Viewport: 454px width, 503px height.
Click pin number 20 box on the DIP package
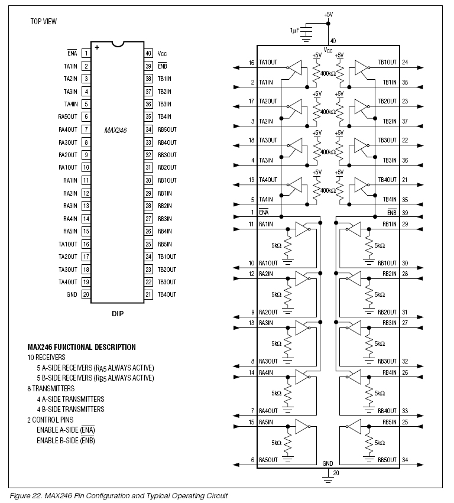coord(86,294)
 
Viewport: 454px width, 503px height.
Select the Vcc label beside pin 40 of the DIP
coord(164,53)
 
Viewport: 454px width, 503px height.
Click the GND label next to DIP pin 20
coord(72,294)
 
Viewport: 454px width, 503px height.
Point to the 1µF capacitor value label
coord(294,30)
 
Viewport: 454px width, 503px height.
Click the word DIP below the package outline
coord(118,314)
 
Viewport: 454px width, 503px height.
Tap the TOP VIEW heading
coord(44,22)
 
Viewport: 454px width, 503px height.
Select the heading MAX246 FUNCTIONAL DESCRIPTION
coord(82,348)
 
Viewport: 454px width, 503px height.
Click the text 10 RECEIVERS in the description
coord(47,358)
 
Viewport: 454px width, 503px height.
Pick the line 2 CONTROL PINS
coord(51,419)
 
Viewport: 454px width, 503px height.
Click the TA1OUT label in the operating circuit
coord(268,63)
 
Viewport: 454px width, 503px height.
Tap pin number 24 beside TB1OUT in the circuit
coord(404,62)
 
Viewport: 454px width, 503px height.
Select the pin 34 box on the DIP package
coord(149,129)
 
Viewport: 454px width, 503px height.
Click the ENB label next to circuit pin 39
coord(391,212)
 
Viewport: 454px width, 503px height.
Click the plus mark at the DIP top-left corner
coord(96,47)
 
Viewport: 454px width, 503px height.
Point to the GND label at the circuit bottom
coord(327,463)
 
